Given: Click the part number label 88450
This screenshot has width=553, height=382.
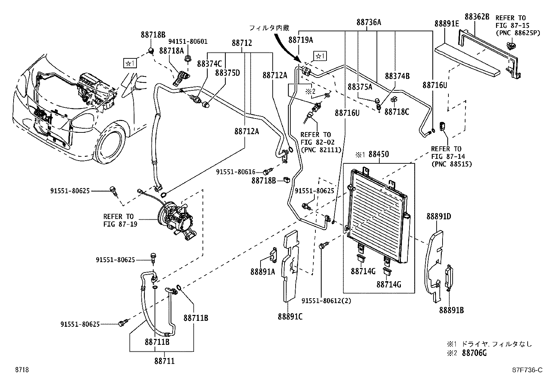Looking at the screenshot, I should point(378,154).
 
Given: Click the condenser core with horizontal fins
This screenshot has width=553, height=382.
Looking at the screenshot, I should point(377,212).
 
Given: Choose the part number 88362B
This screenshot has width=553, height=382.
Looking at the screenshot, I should point(477,16).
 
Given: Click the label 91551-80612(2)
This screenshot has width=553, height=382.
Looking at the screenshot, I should point(326,301).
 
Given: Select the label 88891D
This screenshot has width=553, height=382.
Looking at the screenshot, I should point(438,217).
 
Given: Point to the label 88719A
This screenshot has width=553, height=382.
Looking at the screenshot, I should point(300,40).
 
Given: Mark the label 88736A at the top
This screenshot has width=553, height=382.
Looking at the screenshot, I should point(369,23).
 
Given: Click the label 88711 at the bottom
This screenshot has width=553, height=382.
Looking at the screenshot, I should point(164,361).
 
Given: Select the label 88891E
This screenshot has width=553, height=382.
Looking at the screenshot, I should point(446,24).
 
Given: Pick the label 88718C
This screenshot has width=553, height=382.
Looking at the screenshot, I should point(397,112).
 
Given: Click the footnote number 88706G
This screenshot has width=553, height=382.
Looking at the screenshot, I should point(474,353).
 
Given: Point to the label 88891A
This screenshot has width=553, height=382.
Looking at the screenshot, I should point(263,271).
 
